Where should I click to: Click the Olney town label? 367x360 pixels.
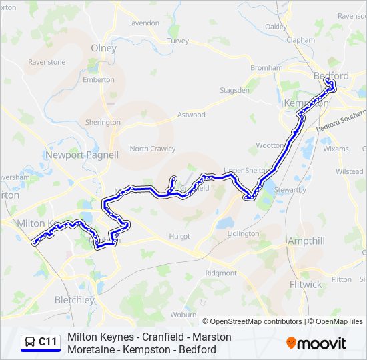(103, 48)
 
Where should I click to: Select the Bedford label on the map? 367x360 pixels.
(331, 76)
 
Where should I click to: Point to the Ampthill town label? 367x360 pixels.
(306, 241)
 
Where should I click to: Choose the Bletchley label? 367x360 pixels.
(74, 299)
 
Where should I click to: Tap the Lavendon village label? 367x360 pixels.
(143, 23)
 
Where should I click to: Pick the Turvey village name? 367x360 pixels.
(178, 41)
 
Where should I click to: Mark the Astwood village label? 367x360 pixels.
(191, 115)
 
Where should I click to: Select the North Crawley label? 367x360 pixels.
(153, 149)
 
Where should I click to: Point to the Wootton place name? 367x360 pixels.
(270, 145)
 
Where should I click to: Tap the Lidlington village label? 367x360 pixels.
(243, 233)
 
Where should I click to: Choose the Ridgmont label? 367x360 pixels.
(221, 273)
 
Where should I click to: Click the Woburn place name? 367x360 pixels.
(183, 314)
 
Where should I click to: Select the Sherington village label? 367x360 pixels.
(103, 123)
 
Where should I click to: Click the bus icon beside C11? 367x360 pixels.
(30, 342)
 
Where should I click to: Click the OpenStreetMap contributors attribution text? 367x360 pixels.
(255, 321)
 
